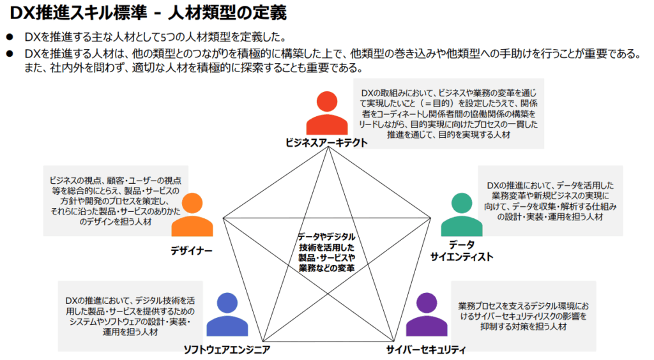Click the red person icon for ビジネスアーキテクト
326,114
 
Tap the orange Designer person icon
192,217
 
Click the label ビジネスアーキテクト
326,143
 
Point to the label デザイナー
192,250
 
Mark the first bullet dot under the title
10,37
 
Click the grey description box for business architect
448,114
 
